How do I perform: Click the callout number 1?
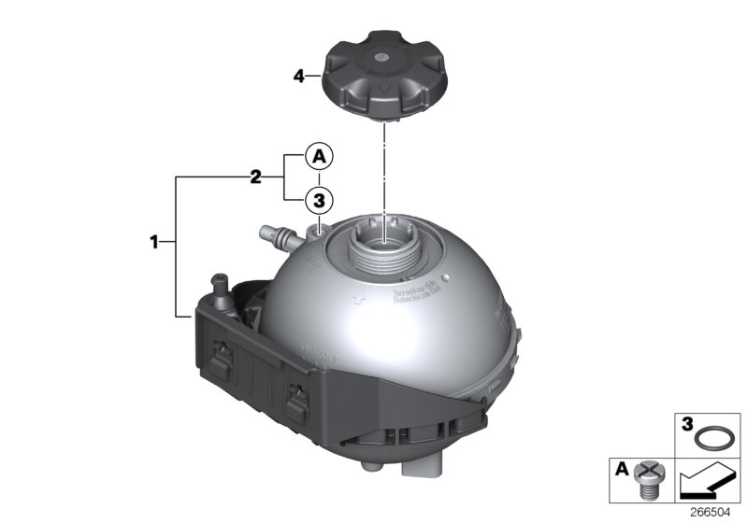point(155,243)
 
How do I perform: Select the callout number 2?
point(253,176)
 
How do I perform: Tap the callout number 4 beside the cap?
point(299,76)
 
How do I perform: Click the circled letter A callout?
point(318,156)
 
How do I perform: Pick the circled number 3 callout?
point(318,198)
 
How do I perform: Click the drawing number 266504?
point(717,513)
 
